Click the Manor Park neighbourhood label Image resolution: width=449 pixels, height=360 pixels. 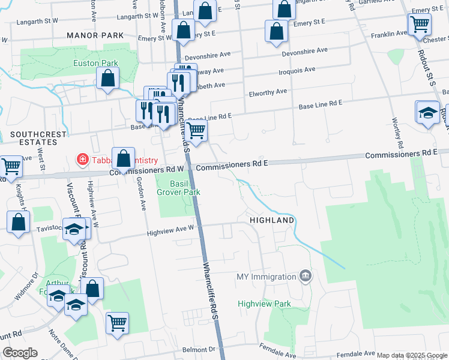(x=95, y=36)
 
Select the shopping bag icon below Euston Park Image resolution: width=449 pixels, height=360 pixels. (x=108, y=77)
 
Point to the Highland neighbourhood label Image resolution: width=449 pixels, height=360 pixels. (x=273, y=220)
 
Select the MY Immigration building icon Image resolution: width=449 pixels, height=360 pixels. (x=306, y=276)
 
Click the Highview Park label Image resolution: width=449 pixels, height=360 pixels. (x=264, y=304)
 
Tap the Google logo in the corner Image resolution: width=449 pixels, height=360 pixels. (x=20, y=353)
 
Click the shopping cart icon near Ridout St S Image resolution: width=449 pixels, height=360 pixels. (x=419, y=25)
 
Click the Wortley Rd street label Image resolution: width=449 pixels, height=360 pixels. (x=397, y=134)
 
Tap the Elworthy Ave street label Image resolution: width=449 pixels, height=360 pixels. (x=268, y=92)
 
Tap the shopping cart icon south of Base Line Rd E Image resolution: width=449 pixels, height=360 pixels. (x=196, y=130)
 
